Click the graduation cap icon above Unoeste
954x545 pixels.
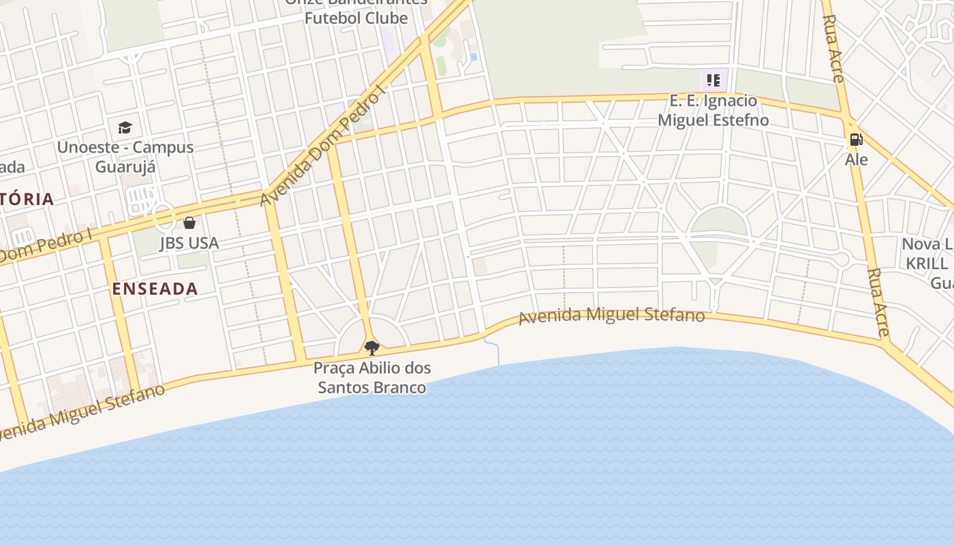coord(125,127)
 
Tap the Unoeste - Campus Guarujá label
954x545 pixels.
coord(125,157)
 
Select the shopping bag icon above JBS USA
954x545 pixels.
coord(189,223)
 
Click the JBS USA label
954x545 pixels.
coord(189,243)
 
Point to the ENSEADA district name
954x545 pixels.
coord(155,288)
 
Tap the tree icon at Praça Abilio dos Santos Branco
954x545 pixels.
coord(371,348)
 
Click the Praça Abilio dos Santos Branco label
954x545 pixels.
coord(372,377)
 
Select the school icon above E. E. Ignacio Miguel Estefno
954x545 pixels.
coord(713,80)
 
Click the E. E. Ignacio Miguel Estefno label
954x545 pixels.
coord(713,110)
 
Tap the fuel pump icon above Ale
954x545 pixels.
coord(856,140)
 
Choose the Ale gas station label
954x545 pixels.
coord(857,159)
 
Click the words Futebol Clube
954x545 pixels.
coord(356,18)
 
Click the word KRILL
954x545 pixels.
coord(925,263)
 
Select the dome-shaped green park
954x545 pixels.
coord(718,222)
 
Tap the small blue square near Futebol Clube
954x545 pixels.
coord(474,57)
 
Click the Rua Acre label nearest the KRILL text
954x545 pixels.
coord(878,302)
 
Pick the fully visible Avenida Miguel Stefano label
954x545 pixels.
coord(611,316)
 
